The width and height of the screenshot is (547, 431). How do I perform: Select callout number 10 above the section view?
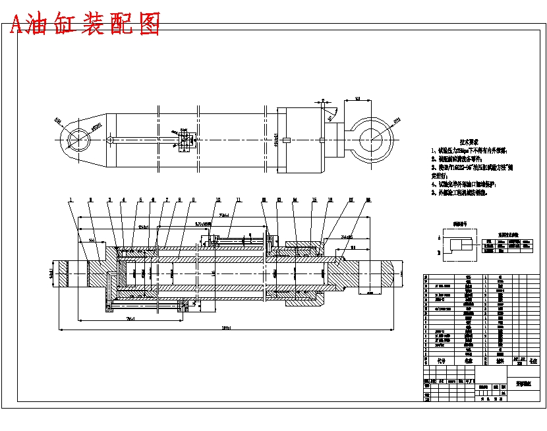(218, 199)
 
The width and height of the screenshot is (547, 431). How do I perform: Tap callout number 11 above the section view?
(239, 199)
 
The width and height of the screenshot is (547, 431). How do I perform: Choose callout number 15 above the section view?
(314, 199)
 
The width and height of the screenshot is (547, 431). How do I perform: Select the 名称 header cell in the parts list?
(469, 361)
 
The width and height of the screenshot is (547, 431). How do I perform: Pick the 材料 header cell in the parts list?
(499, 361)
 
